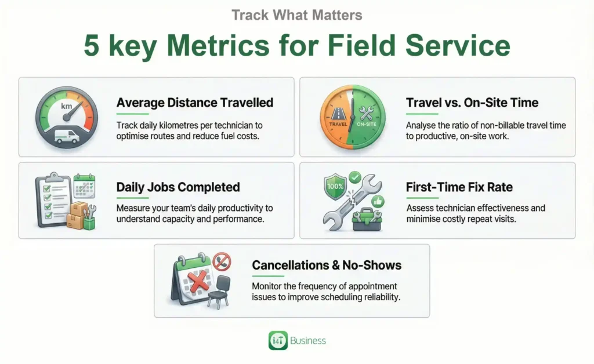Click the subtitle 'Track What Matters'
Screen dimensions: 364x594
click(x=296, y=14)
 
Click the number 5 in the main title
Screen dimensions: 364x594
click(x=92, y=46)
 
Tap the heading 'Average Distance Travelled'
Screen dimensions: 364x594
click(x=194, y=103)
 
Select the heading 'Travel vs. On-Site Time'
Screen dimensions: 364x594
click(x=472, y=103)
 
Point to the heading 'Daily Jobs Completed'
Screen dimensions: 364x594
click(x=178, y=187)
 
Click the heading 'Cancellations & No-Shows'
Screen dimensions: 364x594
click(x=327, y=265)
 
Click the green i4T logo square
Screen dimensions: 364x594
click(x=278, y=341)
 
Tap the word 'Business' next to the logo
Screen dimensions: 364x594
click(x=308, y=341)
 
